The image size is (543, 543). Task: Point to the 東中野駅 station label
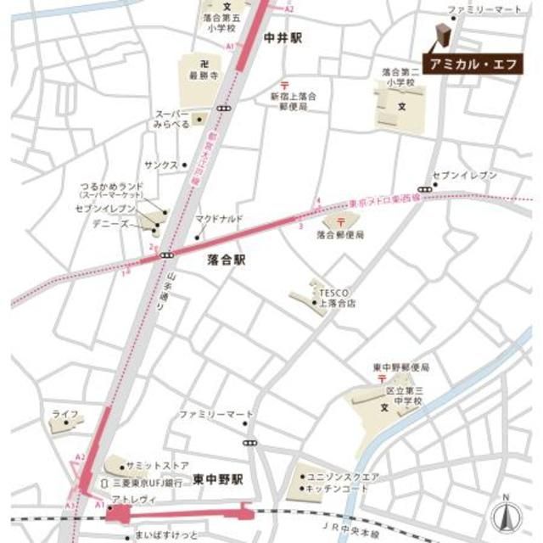click(218, 479)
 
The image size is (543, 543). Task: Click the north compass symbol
click(503, 512)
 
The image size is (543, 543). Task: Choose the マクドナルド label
click(219, 219)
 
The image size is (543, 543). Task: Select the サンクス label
click(160, 165)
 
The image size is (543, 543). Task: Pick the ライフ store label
click(65, 413)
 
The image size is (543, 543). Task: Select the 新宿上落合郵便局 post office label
click(294, 102)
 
